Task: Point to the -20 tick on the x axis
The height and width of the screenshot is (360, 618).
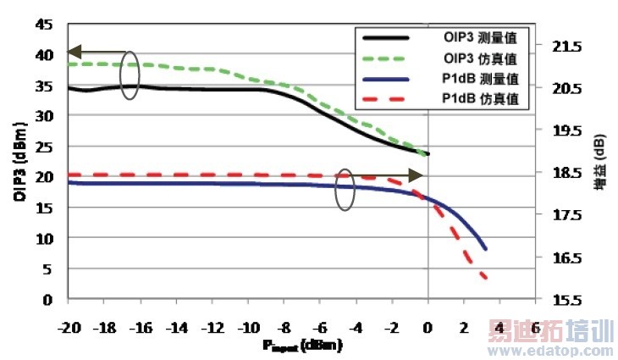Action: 68,327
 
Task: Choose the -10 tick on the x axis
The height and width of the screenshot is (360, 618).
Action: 248,327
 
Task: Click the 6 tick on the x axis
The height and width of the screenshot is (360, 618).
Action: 537,327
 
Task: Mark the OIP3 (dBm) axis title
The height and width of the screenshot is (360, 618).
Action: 18,161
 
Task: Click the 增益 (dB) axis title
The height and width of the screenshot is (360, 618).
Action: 599,161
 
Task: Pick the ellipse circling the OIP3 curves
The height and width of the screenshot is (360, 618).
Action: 130,75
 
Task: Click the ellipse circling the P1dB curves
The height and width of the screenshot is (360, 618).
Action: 344,190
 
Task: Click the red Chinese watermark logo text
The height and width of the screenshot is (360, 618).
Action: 550,331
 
